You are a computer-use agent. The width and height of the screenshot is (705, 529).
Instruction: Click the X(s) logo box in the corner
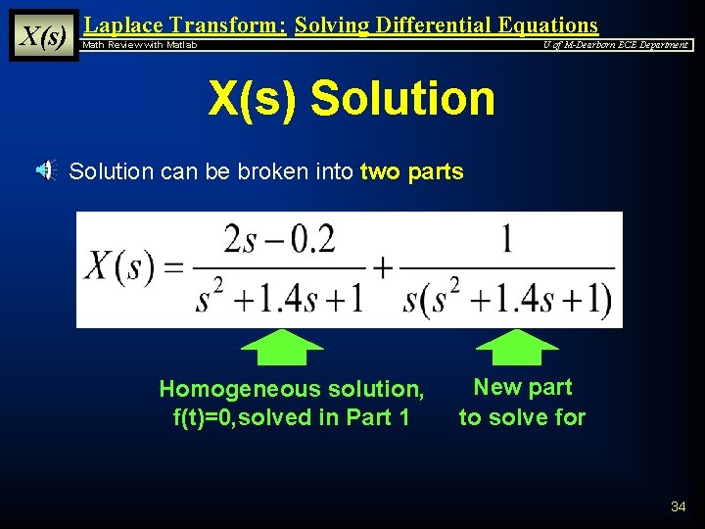coord(43,36)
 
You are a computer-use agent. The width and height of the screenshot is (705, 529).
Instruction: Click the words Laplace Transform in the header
coord(185,24)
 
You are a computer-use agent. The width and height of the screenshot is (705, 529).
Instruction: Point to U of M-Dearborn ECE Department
coord(616,45)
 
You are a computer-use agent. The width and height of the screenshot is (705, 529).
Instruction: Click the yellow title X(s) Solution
coord(352,99)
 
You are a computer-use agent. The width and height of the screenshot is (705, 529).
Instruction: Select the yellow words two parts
coord(411,172)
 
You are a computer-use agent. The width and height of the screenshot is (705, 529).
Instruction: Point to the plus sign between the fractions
coord(383,267)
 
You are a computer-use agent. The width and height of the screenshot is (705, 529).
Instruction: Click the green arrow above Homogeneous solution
coord(282,347)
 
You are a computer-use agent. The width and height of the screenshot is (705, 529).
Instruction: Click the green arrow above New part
coord(517,347)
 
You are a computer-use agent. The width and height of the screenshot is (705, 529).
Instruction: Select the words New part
coord(522,388)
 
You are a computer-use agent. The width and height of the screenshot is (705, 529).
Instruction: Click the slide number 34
coord(679,506)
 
